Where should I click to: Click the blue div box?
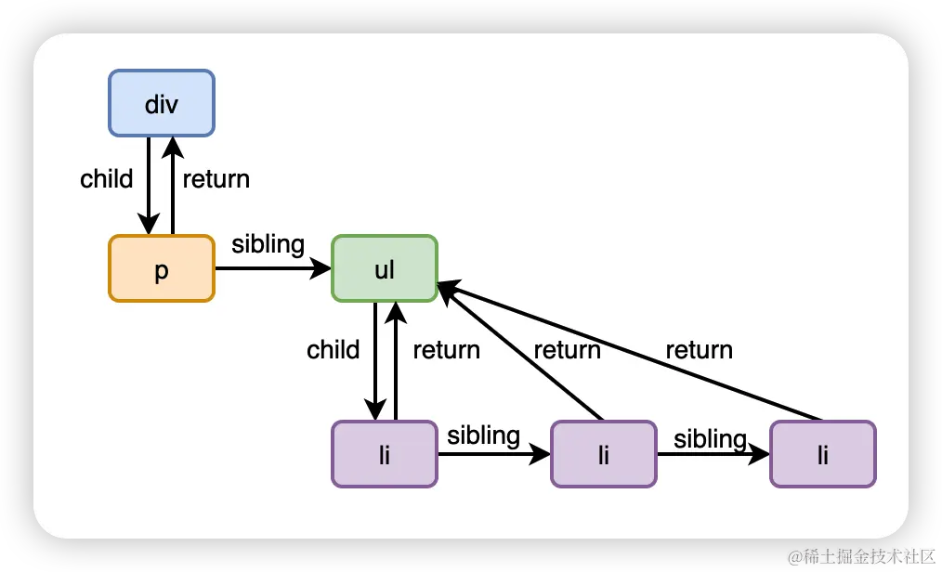162,103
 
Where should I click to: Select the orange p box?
162,268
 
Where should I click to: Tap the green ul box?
384,268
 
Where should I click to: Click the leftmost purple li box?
384,454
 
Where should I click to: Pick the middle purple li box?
604,454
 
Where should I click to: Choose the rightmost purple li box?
822,454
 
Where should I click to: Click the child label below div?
107,178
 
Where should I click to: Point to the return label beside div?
216,178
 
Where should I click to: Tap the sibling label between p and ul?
268,244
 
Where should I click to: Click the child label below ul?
334,349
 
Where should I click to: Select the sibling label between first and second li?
483,435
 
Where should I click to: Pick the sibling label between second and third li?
711,437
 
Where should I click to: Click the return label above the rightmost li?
699,349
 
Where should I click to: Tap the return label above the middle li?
567,349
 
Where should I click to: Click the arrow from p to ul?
273,268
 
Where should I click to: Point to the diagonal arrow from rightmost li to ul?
632,353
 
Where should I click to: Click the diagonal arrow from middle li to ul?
520,353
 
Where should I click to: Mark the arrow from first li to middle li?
492,454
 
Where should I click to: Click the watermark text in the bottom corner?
859,555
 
